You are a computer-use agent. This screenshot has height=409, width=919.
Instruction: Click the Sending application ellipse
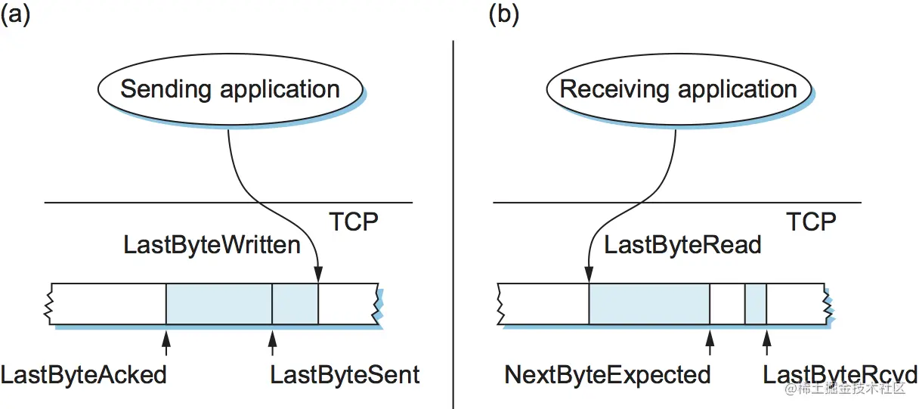pyautogui.click(x=230, y=89)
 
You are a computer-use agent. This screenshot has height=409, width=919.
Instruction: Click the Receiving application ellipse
pyautogui.click(x=678, y=89)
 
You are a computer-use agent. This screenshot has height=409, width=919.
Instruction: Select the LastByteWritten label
pyautogui.click(x=212, y=245)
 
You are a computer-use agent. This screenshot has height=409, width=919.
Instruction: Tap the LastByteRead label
pyautogui.click(x=682, y=245)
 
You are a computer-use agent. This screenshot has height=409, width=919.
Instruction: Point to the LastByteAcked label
pyautogui.click(x=83, y=375)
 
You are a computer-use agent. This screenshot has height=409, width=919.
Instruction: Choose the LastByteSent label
pyautogui.click(x=345, y=375)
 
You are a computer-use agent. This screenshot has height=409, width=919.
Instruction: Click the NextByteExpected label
pyautogui.click(x=608, y=375)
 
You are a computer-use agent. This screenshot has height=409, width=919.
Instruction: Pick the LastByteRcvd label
pyautogui.click(x=840, y=375)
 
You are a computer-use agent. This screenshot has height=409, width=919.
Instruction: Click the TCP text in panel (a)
pyautogui.click(x=353, y=222)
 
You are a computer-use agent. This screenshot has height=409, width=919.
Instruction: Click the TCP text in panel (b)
pyautogui.click(x=811, y=222)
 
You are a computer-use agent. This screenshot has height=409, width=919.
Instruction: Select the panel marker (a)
pyautogui.click(x=15, y=15)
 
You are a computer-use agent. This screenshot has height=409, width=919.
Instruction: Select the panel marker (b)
pyautogui.click(x=504, y=15)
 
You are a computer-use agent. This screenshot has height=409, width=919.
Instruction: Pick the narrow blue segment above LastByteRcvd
pyautogui.click(x=755, y=304)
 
